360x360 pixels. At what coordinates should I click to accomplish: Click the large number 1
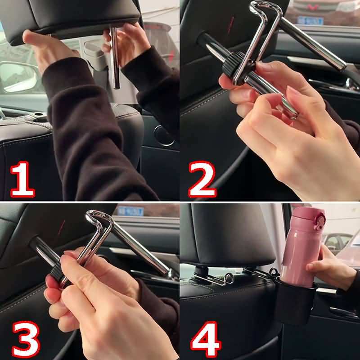pos(22,179)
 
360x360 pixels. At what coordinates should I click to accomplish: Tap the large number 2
pos(202,179)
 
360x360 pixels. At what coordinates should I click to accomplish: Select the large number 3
pos(26,340)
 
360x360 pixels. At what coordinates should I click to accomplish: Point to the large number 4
pos(206,340)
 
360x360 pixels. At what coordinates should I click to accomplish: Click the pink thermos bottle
pos(302,247)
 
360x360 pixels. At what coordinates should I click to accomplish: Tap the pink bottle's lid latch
pos(319,221)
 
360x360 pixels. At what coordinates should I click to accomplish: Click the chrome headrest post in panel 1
pos(115,58)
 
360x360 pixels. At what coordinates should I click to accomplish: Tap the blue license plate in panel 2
pos(310,20)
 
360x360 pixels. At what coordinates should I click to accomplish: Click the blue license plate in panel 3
pos(130,211)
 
